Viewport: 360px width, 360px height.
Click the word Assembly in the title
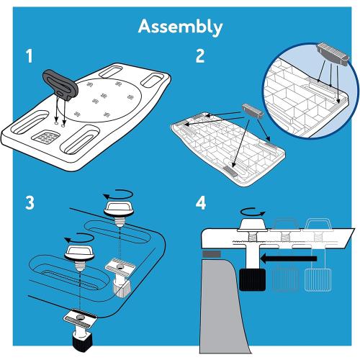(x=180, y=27)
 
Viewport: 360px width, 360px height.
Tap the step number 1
(x=30, y=56)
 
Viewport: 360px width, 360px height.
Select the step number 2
(x=200, y=56)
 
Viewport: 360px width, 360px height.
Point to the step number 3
(x=30, y=203)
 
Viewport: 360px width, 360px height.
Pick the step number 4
(x=201, y=203)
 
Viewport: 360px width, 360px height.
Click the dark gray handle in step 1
(x=60, y=84)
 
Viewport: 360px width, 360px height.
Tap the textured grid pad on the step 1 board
(x=46, y=137)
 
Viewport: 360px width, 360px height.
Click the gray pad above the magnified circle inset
(x=333, y=54)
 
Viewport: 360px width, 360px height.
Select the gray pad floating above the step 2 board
(x=253, y=111)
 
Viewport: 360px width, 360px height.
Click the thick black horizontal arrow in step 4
(x=288, y=258)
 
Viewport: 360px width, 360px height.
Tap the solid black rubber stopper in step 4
(x=253, y=280)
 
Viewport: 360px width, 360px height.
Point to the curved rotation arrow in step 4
(x=253, y=212)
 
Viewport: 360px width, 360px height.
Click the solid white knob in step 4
(x=253, y=225)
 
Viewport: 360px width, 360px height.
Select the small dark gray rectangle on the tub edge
(x=212, y=254)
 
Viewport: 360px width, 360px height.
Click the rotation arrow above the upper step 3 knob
(x=118, y=194)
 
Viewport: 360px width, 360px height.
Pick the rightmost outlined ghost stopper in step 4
(x=318, y=280)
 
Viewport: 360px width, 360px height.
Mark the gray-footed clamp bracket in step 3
(x=120, y=277)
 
